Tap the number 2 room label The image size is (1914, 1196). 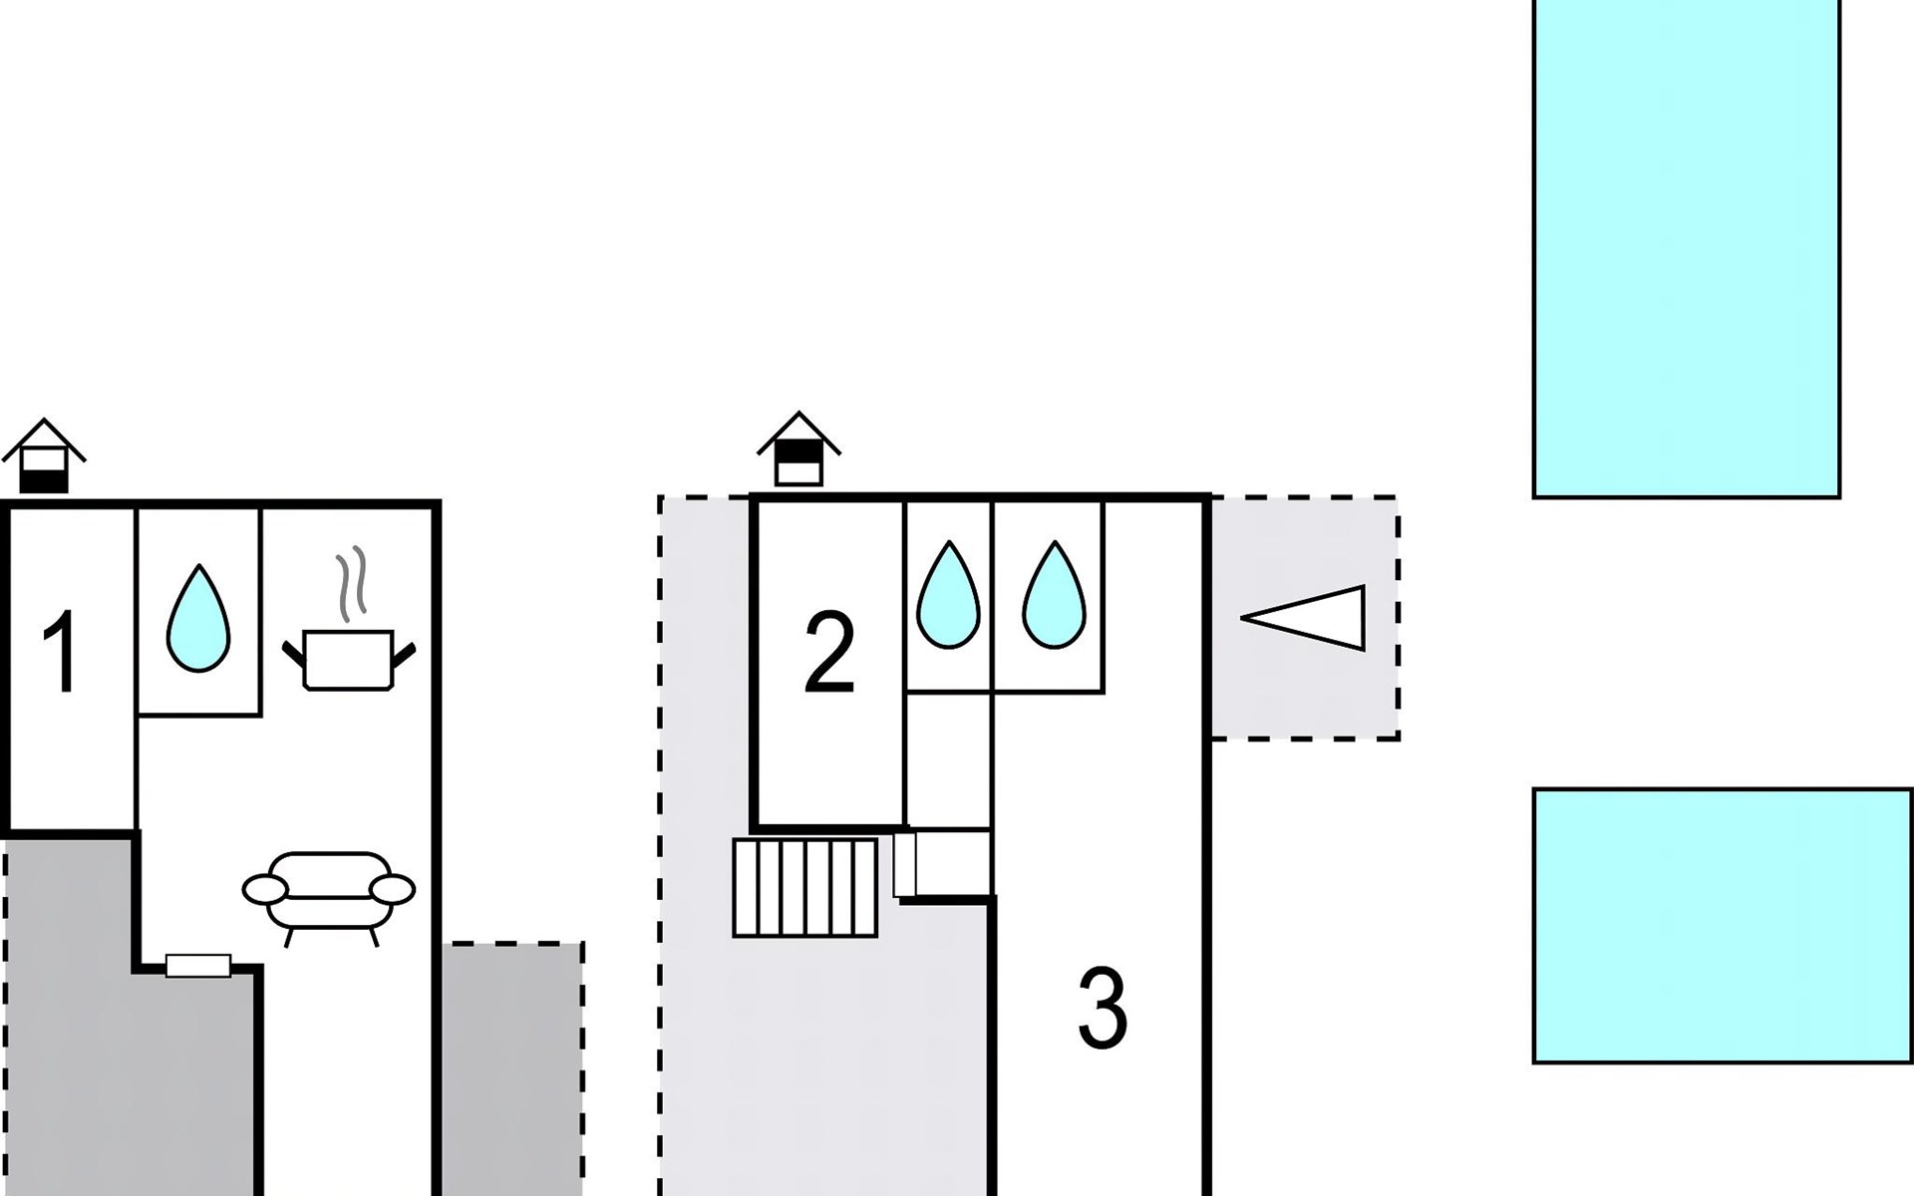point(829,653)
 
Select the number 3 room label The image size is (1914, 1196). point(1103,1009)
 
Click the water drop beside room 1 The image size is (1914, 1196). point(198,620)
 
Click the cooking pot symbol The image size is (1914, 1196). point(349,659)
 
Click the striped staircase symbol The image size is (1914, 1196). point(805,887)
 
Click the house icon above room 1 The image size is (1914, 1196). point(44,456)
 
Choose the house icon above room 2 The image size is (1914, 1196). point(798,449)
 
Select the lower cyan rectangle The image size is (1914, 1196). point(1722,926)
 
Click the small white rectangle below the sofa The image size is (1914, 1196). point(198,965)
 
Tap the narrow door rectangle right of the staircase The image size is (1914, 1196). point(904,864)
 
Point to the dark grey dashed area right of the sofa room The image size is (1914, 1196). point(512,1066)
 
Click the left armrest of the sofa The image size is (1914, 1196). point(265,888)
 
